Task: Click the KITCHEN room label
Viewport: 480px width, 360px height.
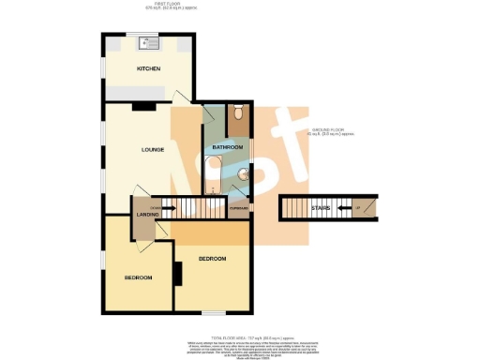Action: click(149, 69)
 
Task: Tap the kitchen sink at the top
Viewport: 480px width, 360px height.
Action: click(149, 42)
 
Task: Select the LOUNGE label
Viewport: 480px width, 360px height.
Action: click(154, 149)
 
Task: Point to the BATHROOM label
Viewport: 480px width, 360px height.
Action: click(227, 148)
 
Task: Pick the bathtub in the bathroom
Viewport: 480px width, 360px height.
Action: click(214, 174)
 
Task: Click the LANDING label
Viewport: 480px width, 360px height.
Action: click(146, 217)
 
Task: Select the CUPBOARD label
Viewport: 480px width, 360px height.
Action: click(238, 208)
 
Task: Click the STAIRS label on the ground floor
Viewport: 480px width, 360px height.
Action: click(321, 207)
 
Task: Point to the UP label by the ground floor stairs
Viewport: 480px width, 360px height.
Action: click(357, 207)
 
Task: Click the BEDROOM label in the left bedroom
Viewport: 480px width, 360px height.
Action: click(139, 277)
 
